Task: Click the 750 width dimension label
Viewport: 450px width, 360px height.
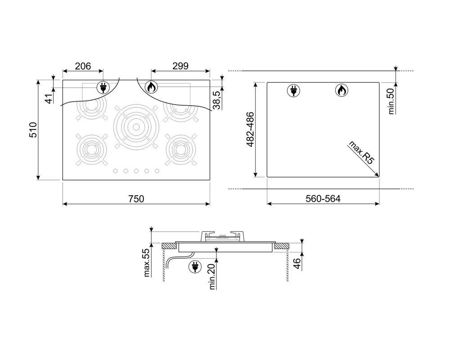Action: point(136,198)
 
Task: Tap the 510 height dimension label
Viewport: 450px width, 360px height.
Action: point(33,130)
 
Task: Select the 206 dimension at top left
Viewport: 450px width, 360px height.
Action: point(83,66)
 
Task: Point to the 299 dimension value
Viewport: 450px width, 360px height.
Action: point(180,66)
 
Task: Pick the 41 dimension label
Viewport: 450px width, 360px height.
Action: point(49,99)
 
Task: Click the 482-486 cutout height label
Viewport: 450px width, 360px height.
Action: point(250,130)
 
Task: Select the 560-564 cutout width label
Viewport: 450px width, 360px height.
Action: point(323,198)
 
